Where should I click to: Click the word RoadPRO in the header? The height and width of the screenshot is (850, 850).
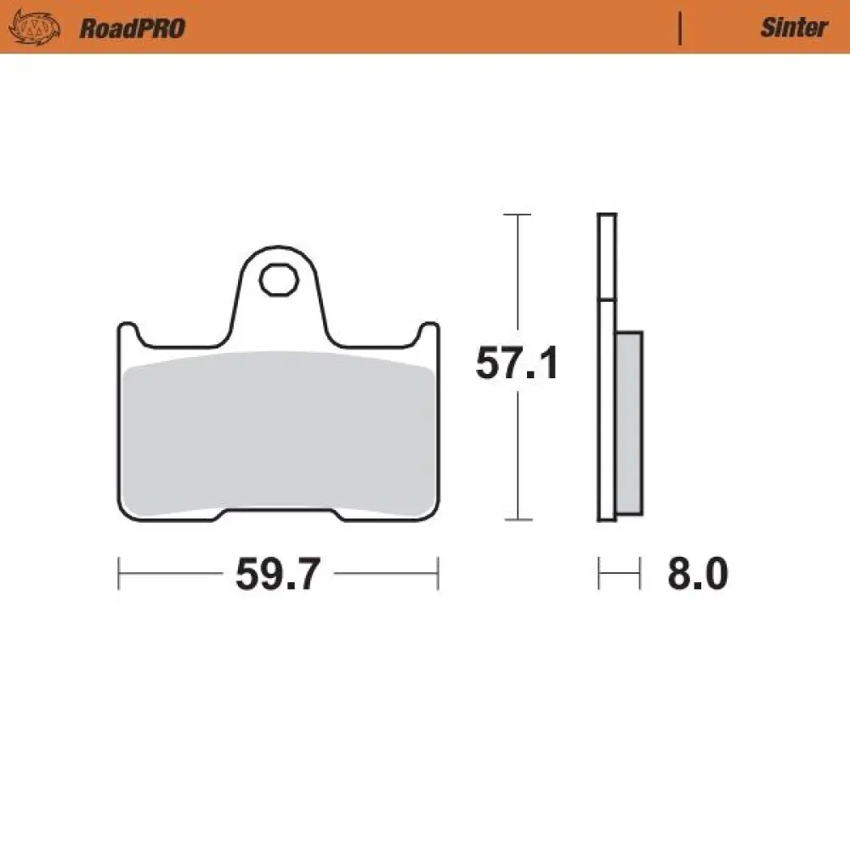click(132, 28)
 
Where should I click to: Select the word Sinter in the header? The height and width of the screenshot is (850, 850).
click(793, 28)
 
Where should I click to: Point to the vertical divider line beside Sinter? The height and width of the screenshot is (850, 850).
click(680, 28)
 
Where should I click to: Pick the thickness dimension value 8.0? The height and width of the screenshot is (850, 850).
click(697, 575)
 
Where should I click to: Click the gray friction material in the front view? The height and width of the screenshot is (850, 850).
click(277, 433)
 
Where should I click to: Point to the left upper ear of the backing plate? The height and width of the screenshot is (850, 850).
click(127, 334)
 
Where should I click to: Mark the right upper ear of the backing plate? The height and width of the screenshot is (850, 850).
click(428, 334)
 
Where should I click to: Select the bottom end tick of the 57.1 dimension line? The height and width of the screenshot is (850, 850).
click(517, 519)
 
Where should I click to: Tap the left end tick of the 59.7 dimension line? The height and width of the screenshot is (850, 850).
click(118, 574)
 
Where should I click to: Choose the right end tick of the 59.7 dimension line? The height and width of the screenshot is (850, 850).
click(437, 574)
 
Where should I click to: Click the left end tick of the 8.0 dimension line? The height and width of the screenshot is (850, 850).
click(599, 574)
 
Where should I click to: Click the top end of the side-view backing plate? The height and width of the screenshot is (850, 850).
click(607, 215)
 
